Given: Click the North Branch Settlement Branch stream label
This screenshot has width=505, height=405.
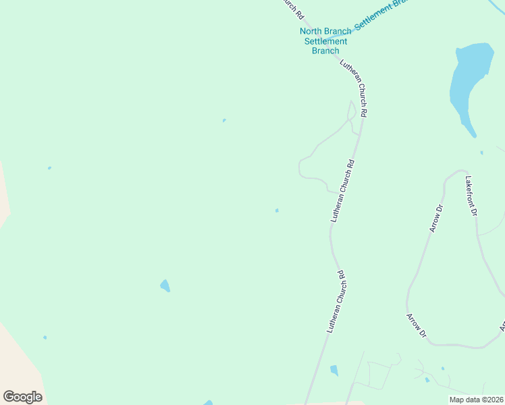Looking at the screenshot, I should click(x=325, y=41).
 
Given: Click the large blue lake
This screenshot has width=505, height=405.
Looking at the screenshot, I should click(x=467, y=81).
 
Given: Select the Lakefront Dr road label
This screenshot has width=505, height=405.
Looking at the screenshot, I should click(x=471, y=196).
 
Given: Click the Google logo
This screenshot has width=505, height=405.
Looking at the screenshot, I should click(x=22, y=397).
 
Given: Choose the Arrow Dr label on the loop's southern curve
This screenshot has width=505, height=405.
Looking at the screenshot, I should click(x=417, y=325).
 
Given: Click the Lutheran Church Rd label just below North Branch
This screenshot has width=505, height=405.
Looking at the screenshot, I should click(x=353, y=88).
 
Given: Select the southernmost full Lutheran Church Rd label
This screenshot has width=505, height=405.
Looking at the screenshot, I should click(x=336, y=301).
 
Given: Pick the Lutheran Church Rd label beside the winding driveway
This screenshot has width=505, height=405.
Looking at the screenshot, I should click(x=342, y=191).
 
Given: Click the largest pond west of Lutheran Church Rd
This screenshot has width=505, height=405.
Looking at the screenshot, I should click(x=165, y=286).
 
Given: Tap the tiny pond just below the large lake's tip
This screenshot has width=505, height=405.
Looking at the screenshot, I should click(x=481, y=153).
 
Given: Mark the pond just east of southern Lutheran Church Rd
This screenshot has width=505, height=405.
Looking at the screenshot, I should click(x=334, y=370).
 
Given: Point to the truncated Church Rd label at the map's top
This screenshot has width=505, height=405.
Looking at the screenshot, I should click(x=293, y=9).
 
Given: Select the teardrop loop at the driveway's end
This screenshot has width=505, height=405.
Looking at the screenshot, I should click(x=351, y=110).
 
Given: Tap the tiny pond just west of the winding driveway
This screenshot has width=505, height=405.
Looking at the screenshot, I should click(x=277, y=211).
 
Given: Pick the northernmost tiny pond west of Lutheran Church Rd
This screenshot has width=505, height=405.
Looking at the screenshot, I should click(x=224, y=121).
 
